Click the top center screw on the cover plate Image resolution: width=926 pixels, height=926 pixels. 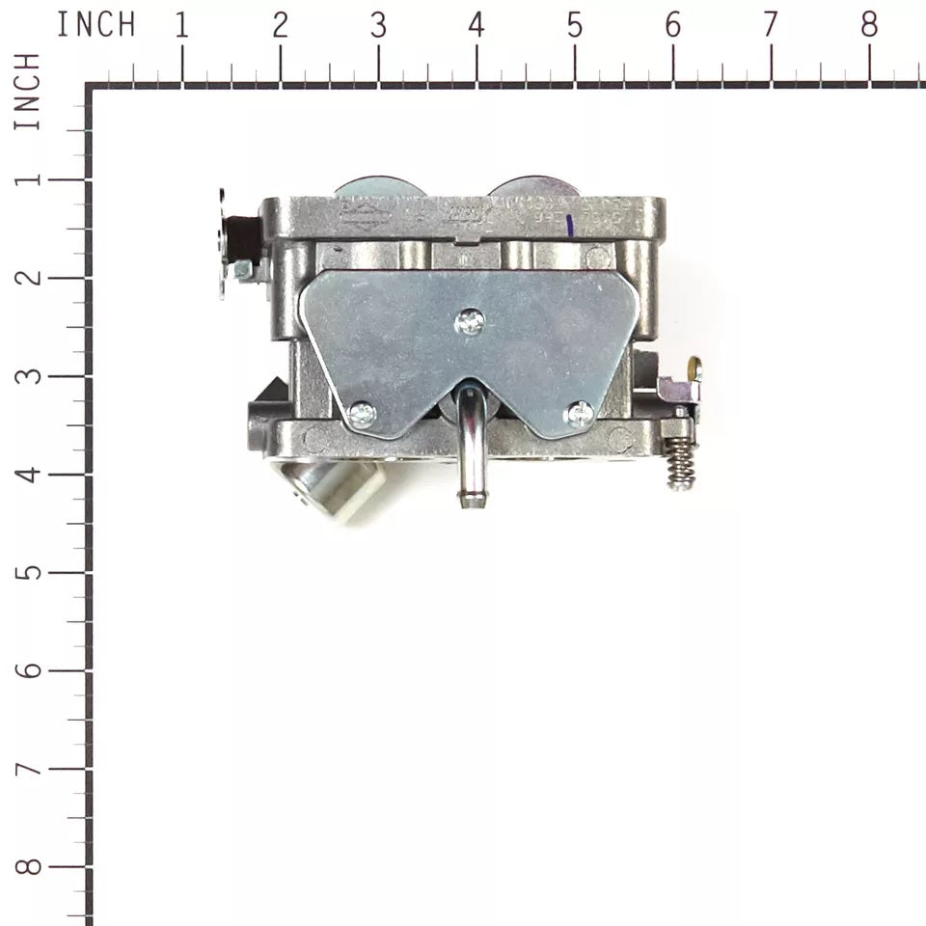(470, 321)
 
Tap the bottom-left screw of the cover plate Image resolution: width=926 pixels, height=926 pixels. (362, 414)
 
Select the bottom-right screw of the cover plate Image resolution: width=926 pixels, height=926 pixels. (580, 415)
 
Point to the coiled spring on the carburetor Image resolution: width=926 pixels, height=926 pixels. (681, 463)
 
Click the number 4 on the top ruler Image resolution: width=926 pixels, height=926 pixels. (476, 26)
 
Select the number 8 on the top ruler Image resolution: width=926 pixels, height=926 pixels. (869, 26)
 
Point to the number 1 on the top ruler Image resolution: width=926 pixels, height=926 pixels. (180, 26)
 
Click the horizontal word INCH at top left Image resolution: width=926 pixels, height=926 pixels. (95, 26)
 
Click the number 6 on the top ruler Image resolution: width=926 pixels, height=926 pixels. (672, 26)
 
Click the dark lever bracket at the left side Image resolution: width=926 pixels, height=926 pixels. (235, 241)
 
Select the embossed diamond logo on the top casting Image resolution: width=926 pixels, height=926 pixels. (364, 211)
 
